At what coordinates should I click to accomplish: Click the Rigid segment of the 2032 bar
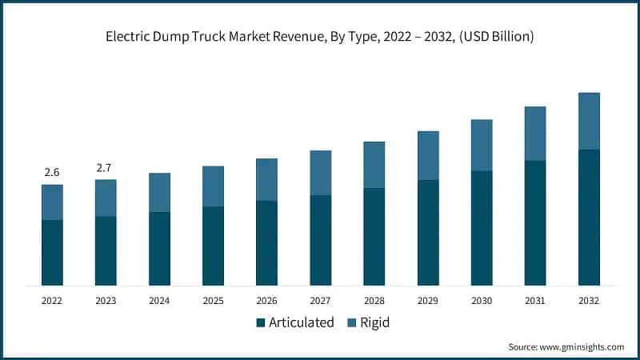pos(589,121)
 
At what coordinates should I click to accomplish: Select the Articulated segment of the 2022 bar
pos(52,252)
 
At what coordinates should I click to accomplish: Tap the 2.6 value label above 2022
pos(52,172)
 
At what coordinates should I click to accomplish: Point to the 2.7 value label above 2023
pos(106,167)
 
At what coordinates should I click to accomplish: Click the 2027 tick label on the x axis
pos(320,301)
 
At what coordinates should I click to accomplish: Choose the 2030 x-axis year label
pos(481,301)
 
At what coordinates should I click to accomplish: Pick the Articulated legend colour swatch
pos(260,323)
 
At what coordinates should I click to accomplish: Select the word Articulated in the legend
pos(301,323)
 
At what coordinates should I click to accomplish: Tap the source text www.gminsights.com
pos(582,347)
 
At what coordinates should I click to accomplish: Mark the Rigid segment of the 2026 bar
pos(266,179)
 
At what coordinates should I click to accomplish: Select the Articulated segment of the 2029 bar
pos(427,232)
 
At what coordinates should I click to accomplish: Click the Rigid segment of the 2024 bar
pos(159,192)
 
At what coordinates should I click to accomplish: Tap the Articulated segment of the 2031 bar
pos(534,222)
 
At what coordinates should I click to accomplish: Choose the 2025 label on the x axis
pos(213,301)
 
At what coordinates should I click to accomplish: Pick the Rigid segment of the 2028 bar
pos(374,165)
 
